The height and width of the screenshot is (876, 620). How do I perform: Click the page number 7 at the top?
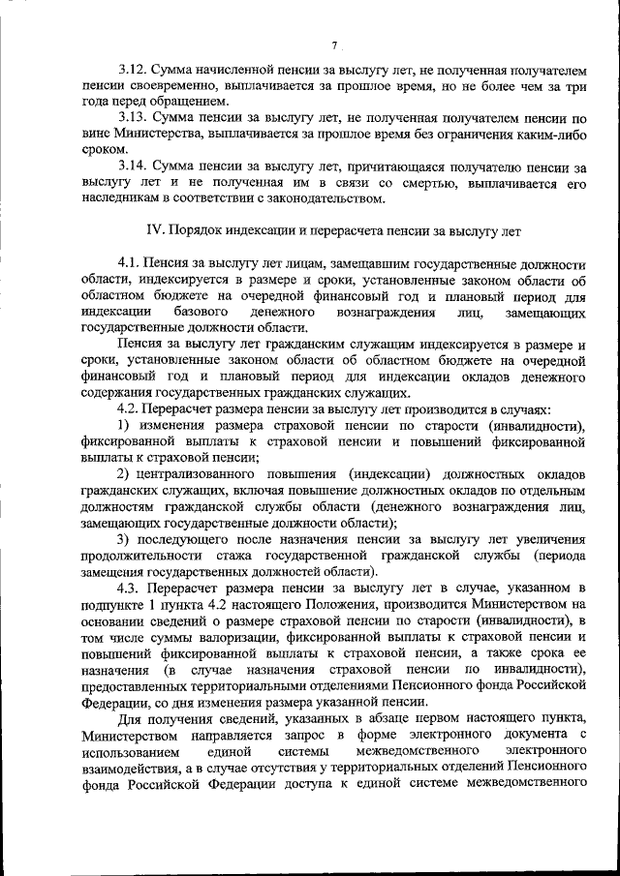click(332, 45)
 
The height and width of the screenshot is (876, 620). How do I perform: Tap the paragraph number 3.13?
click(132, 117)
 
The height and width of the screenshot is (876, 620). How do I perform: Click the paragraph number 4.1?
click(128, 264)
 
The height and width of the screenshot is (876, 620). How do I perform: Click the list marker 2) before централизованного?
click(124, 474)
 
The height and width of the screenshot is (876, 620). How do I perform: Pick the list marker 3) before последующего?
click(124, 538)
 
